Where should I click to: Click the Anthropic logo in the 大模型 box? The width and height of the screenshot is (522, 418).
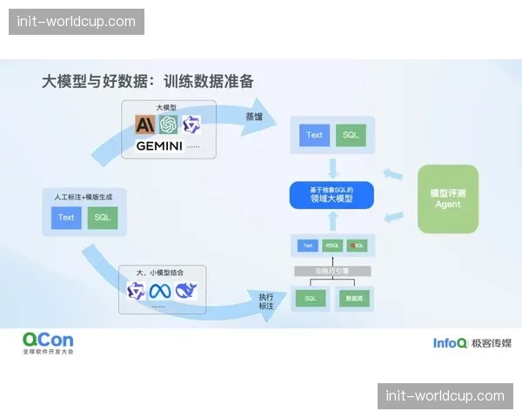coord(145,125)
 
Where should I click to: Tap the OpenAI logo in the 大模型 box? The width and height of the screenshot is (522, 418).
coord(168,125)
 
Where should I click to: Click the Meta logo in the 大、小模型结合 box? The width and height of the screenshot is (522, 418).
coord(160,291)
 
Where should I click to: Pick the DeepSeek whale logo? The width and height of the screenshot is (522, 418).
coord(185,291)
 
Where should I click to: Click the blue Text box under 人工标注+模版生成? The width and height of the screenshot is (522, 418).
coord(67,218)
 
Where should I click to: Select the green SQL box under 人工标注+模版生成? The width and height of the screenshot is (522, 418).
coord(103,218)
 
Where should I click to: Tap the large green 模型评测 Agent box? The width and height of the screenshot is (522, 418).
coord(448,199)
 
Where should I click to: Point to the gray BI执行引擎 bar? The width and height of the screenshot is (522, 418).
coord(331,271)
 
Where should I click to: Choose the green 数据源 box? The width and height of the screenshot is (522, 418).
coord(353,299)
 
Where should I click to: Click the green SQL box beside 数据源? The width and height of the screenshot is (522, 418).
coord(310,299)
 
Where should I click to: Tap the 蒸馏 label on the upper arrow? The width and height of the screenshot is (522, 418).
coord(253,116)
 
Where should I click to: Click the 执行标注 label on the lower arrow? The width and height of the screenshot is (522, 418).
coord(266,302)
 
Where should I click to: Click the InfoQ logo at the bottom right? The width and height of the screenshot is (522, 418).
coord(451,343)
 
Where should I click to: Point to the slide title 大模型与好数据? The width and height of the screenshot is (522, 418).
coord(148,81)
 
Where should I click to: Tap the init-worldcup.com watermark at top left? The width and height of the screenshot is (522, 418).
coord(77,21)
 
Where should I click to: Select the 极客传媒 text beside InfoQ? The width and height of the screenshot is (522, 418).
coord(492,343)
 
